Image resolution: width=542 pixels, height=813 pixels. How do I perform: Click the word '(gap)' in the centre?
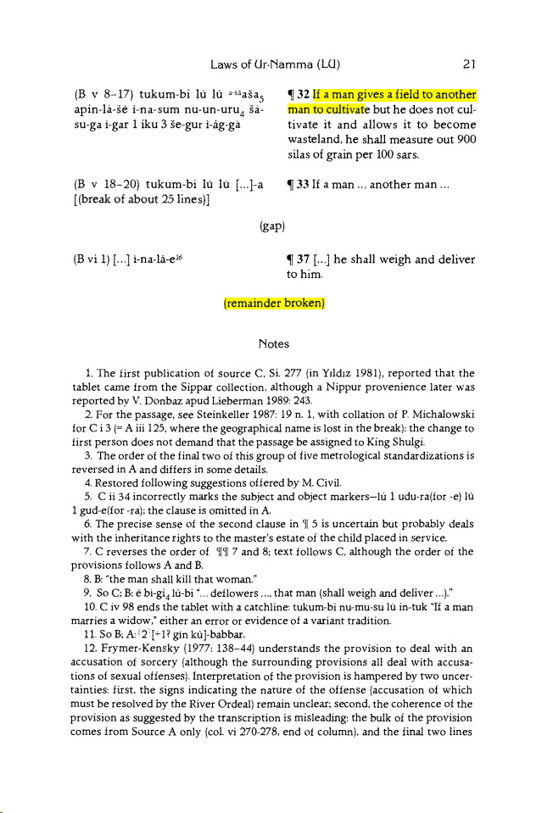[271, 226]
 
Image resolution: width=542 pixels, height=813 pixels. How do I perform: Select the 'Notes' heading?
[271, 344]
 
